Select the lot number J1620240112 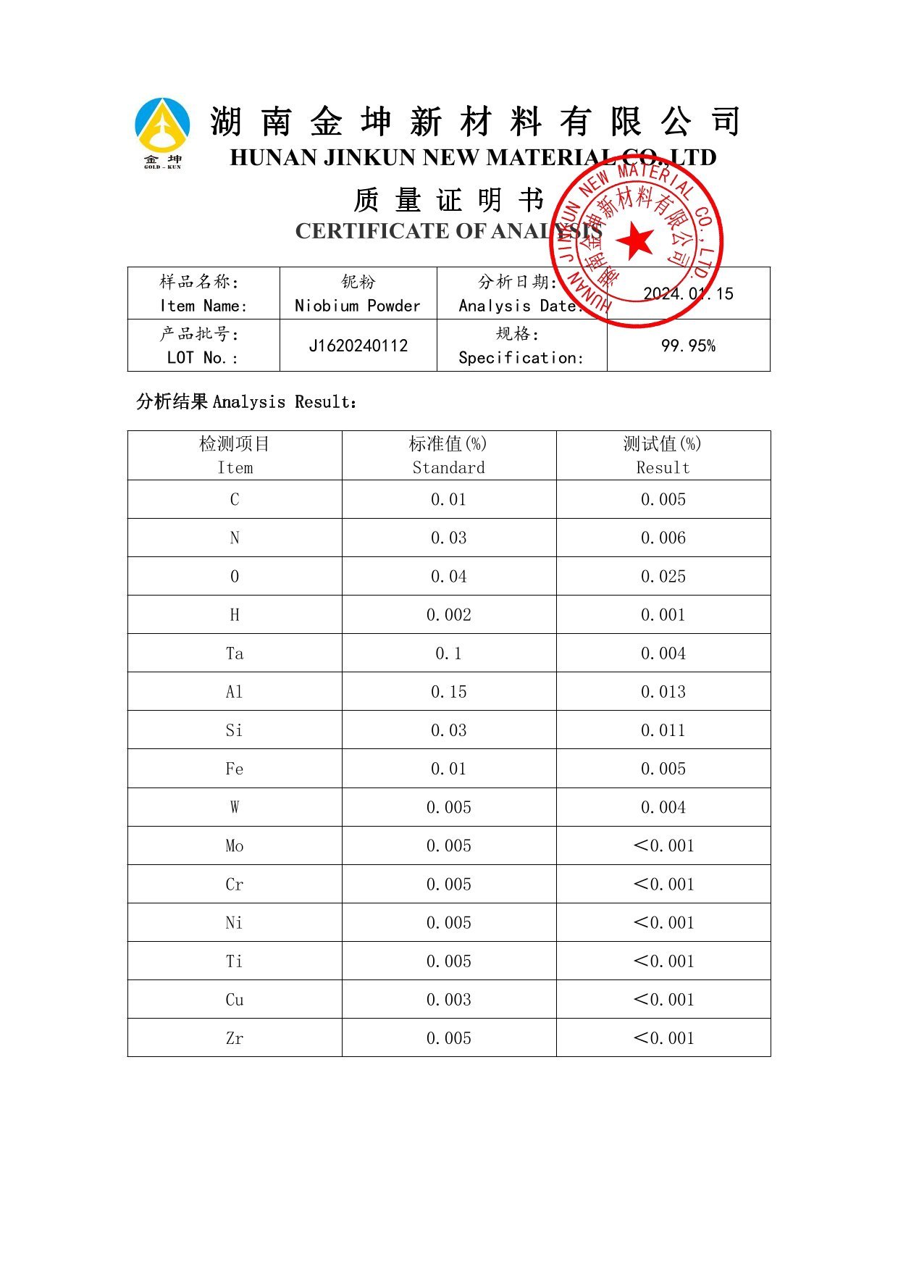(x=358, y=346)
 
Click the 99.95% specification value (x=688, y=346)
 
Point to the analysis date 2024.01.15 (x=688, y=293)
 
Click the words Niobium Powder (x=358, y=306)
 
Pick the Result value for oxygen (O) (x=663, y=577)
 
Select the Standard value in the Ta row (x=449, y=653)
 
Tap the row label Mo (x=235, y=846)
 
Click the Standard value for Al (x=449, y=692)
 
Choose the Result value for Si (x=663, y=730)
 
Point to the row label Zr (x=235, y=1038)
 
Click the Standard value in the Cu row (x=449, y=1000)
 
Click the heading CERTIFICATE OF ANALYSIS (x=449, y=231)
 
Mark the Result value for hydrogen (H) (x=663, y=615)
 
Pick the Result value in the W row (x=663, y=807)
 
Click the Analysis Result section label (x=247, y=401)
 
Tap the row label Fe (x=235, y=769)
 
